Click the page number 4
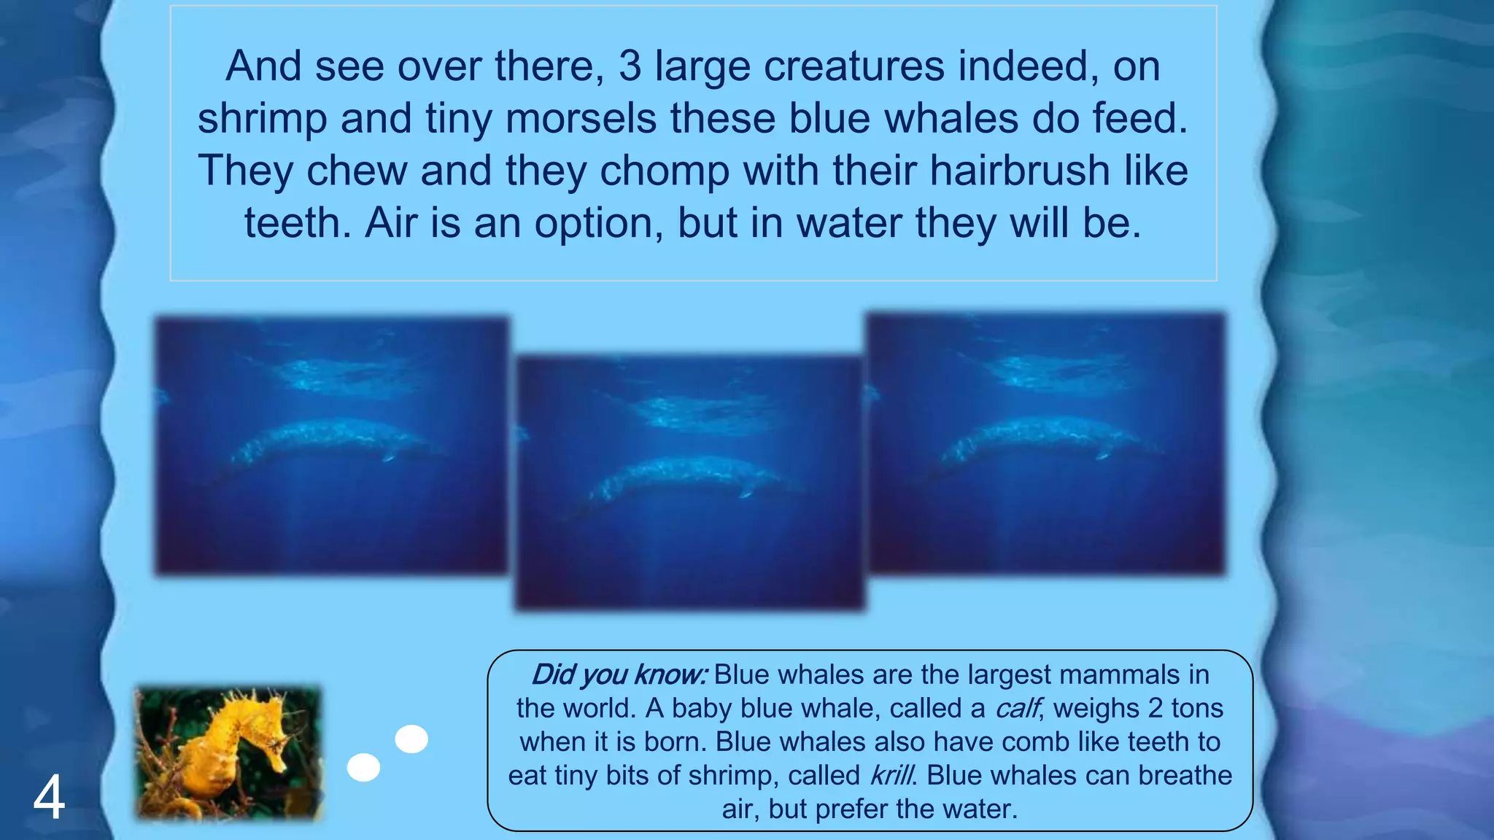(x=49, y=798)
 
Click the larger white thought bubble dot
(x=411, y=739)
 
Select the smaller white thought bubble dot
(x=363, y=767)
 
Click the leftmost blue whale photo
(x=332, y=446)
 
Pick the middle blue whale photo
(x=690, y=483)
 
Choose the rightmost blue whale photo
(x=1046, y=443)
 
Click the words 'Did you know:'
(x=619, y=674)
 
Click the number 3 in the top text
(x=630, y=66)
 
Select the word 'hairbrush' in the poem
(x=1020, y=171)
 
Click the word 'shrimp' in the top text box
(x=262, y=119)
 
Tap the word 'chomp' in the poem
(x=665, y=171)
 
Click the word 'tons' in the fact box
(x=1197, y=708)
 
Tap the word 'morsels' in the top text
(x=581, y=119)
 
